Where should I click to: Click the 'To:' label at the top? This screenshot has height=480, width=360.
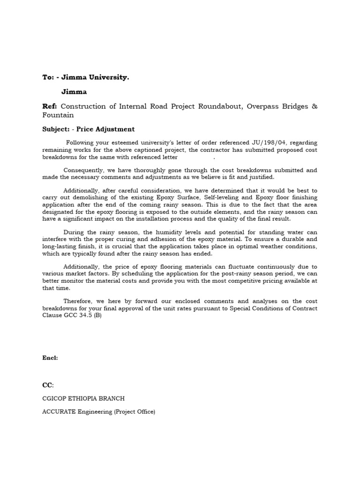[x=48, y=77]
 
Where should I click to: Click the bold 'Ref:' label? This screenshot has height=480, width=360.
[x=50, y=106]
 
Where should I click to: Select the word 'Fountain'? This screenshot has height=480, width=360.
[x=58, y=115]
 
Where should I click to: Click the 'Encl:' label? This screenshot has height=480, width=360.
[x=50, y=358]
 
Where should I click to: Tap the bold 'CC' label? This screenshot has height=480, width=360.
[x=47, y=385]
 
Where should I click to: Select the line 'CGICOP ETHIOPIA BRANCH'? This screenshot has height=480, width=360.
[x=83, y=399]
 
